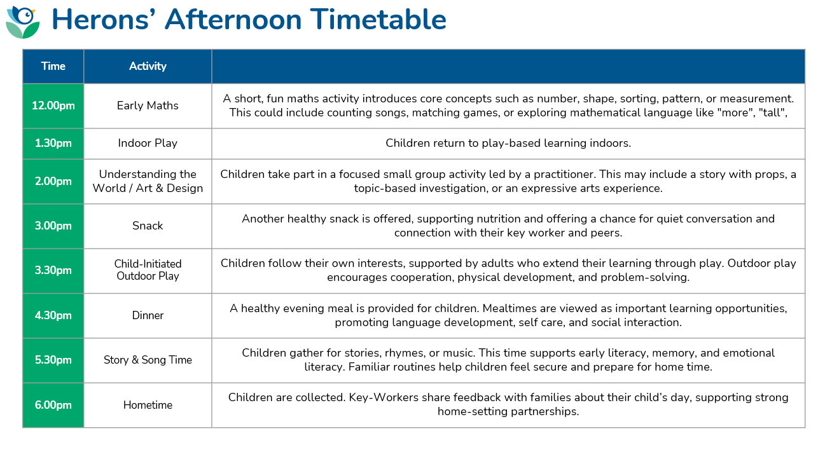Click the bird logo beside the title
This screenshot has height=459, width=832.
23,22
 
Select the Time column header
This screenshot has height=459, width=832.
53,66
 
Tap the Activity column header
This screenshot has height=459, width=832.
148,66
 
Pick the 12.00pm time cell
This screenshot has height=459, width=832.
53,106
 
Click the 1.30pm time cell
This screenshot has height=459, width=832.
53,143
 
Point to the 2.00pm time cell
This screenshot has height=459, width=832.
53,181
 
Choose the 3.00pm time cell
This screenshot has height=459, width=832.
53,226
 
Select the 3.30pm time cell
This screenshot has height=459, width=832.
53,270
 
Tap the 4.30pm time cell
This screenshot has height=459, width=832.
53,315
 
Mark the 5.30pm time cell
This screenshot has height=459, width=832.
53,360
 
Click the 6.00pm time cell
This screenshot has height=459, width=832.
53,405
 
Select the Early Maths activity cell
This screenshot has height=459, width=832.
148,106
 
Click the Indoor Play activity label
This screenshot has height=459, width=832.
148,143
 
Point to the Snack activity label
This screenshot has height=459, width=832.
148,226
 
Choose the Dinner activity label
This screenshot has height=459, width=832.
148,315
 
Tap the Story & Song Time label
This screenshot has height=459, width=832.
148,360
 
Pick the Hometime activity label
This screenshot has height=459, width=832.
148,405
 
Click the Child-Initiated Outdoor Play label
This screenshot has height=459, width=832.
148,270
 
